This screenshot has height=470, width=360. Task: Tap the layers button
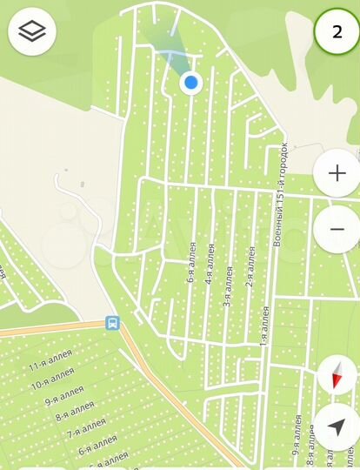tap(32, 32)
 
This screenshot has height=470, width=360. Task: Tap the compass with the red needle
tap(337, 376)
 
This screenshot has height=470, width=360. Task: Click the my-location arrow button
tap(337, 426)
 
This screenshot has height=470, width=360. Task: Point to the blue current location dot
tap(191, 83)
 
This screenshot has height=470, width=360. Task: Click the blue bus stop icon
tap(112, 323)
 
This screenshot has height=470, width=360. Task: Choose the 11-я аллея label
tap(47, 368)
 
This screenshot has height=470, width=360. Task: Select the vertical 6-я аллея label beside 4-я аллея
tap(191, 263)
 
